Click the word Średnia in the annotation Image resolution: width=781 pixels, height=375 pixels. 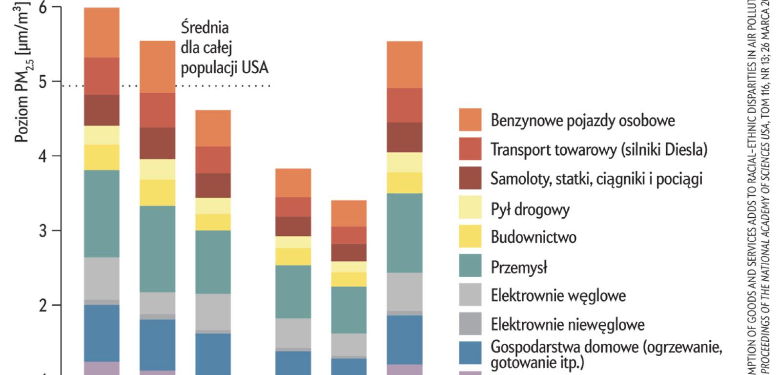tap(205, 27)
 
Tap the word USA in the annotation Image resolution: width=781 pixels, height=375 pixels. tap(255, 67)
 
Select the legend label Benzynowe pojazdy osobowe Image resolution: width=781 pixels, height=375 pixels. tap(583, 121)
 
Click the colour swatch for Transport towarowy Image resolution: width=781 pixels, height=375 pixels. tap(470, 149)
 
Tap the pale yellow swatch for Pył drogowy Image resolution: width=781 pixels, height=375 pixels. tap(470, 207)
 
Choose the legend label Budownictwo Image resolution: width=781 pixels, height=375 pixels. tap(534, 237)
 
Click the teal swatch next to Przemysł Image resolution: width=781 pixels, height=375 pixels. tap(470, 266)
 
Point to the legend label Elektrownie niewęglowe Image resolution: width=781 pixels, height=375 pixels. tap(568, 325)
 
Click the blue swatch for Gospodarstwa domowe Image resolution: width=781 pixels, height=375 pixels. tap(470, 353)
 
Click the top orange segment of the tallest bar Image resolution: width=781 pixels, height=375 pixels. tap(102, 33)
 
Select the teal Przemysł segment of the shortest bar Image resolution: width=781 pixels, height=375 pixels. tap(349, 310)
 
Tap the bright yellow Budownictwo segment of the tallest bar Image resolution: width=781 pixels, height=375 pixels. tap(102, 157)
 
